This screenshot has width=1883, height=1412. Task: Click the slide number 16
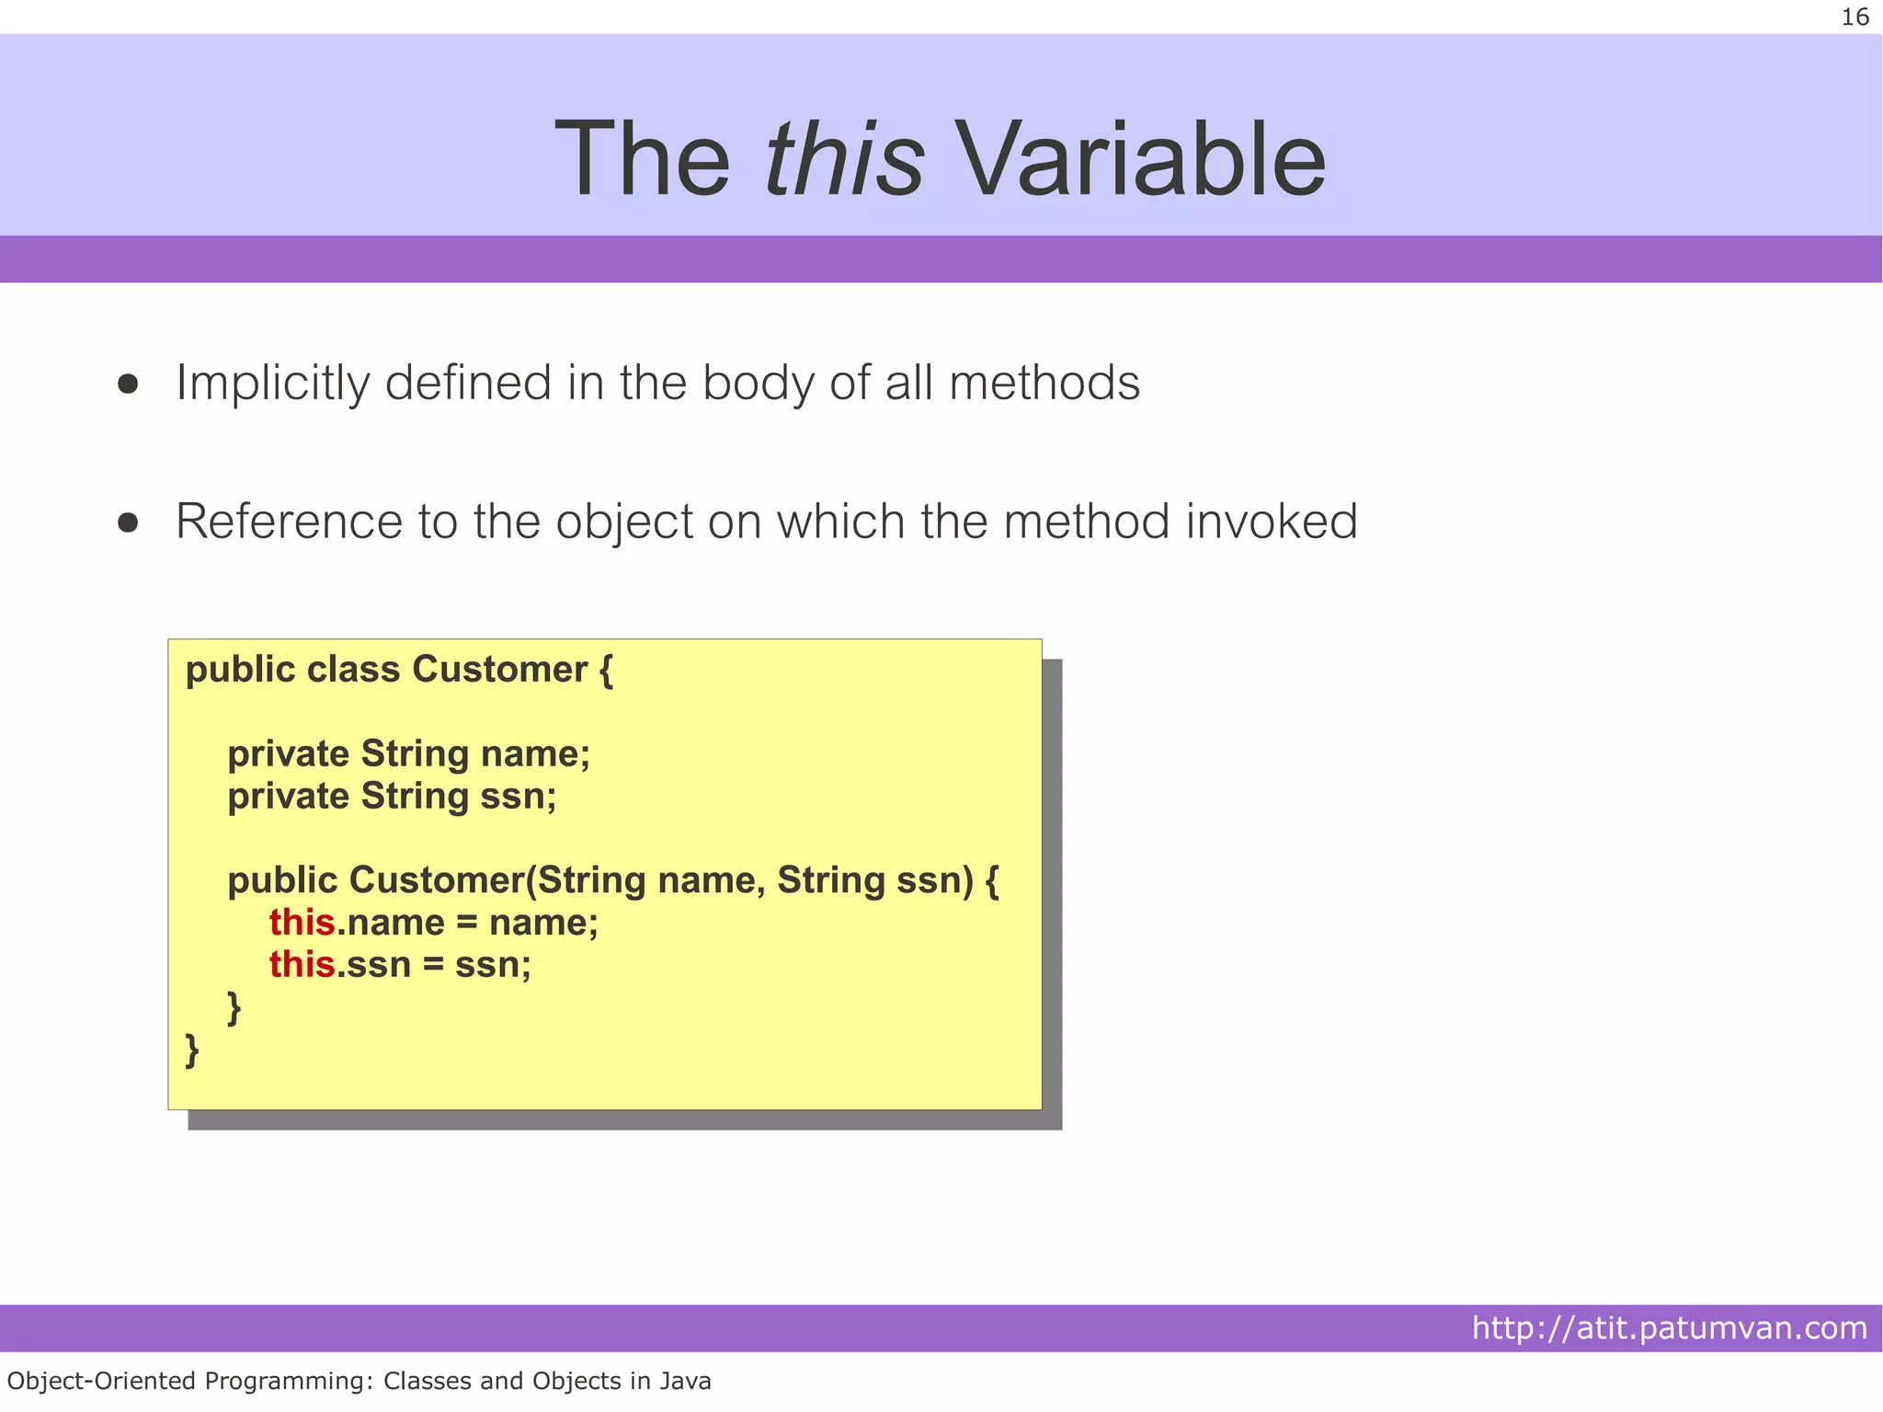click(1854, 17)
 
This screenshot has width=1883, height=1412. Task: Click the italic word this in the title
click(843, 160)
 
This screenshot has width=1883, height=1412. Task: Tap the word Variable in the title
click(1141, 160)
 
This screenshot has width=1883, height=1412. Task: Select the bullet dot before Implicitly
click(128, 384)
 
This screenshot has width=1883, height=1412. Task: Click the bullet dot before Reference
click(128, 522)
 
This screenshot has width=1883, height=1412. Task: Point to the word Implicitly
click(272, 384)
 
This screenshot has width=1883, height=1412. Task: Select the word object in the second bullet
click(624, 523)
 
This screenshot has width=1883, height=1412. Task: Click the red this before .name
click(302, 923)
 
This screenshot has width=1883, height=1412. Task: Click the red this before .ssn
click(302, 965)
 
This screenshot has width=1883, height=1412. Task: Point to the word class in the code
click(353, 670)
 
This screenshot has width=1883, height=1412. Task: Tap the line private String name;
click(408, 754)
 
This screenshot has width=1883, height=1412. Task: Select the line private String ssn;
click(392, 797)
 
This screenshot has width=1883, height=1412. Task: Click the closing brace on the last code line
click(192, 1050)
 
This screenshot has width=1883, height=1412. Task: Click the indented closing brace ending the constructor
click(234, 1008)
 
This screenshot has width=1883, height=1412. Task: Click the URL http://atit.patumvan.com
click(1669, 1328)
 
